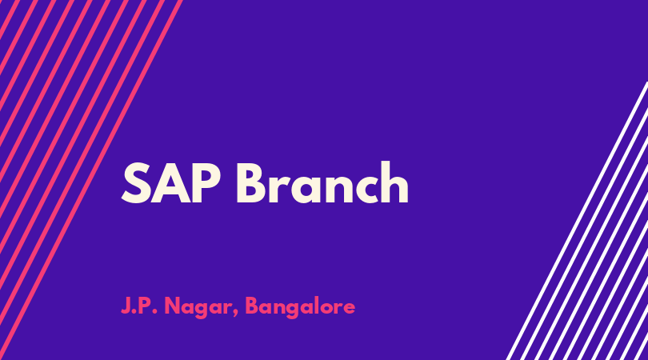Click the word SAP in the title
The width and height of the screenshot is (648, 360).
pyautogui.click(x=170, y=183)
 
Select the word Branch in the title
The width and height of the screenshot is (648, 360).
pyautogui.click(x=322, y=182)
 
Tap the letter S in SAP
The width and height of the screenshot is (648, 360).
pyautogui.click(x=136, y=183)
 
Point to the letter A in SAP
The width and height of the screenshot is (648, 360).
pyautogui.click(x=170, y=183)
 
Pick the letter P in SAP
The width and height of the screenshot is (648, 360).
pyautogui.click(x=206, y=183)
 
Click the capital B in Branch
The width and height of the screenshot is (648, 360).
pyautogui.click(x=251, y=183)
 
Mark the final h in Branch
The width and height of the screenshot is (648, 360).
pyautogui.click(x=394, y=182)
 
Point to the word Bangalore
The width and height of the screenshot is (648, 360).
pyautogui.click(x=300, y=307)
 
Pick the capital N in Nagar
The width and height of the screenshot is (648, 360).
pyautogui.click(x=173, y=306)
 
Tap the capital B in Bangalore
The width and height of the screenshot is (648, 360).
pyautogui.click(x=252, y=306)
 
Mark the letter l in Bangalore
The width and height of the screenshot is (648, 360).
pyautogui.click(x=318, y=306)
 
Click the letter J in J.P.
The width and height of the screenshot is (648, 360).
pyautogui.click(x=126, y=306)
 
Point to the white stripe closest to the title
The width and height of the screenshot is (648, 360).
pyautogui.click(x=577, y=221)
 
